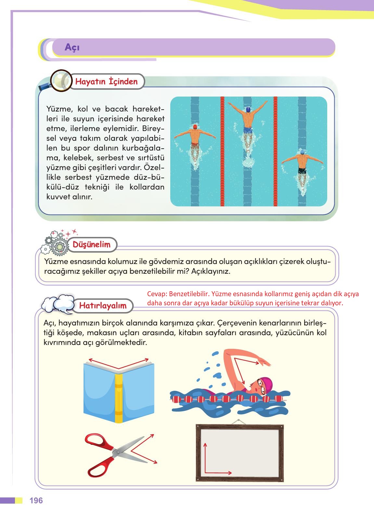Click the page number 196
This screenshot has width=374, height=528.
(x=36, y=500)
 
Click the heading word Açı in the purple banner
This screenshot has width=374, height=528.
(x=72, y=47)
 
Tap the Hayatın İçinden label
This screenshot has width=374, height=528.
(x=106, y=81)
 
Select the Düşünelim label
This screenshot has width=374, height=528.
(x=91, y=244)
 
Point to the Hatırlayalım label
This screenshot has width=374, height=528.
(x=103, y=306)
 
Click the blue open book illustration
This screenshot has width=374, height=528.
(x=119, y=390)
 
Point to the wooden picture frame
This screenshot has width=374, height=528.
(x=240, y=453)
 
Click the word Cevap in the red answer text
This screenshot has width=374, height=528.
(x=156, y=294)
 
